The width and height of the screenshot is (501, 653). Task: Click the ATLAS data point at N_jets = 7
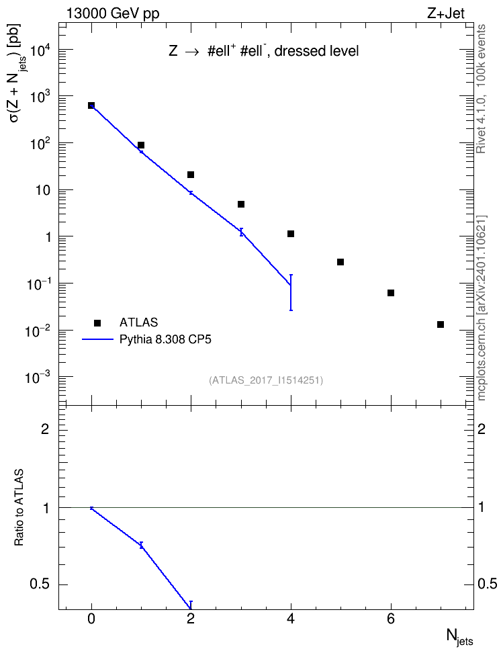(x=440, y=324)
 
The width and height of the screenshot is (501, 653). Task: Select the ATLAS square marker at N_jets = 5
(x=340, y=262)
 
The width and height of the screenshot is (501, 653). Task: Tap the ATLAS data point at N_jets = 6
(x=391, y=293)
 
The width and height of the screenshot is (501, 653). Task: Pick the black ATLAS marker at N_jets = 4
(x=291, y=234)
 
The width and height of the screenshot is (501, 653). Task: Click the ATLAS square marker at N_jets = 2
(x=191, y=175)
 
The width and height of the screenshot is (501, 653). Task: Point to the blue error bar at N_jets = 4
(x=291, y=292)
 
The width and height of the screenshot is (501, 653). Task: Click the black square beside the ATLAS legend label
(x=97, y=322)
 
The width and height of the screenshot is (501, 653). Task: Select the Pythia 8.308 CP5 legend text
(x=165, y=339)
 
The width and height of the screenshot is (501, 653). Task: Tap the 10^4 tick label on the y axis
(x=41, y=51)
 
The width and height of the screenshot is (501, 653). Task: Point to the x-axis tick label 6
(x=391, y=619)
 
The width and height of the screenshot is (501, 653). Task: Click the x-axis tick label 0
(x=91, y=619)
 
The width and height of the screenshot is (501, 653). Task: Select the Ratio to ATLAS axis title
(x=19, y=508)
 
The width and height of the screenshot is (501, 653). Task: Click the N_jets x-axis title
(x=459, y=637)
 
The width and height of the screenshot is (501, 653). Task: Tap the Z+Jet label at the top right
(x=446, y=13)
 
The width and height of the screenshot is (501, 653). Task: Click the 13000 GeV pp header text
(x=112, y=13)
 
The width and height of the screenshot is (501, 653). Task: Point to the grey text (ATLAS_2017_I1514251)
(x=266, y=380)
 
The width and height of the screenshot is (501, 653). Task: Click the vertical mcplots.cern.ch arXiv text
(x=481, y=308)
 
